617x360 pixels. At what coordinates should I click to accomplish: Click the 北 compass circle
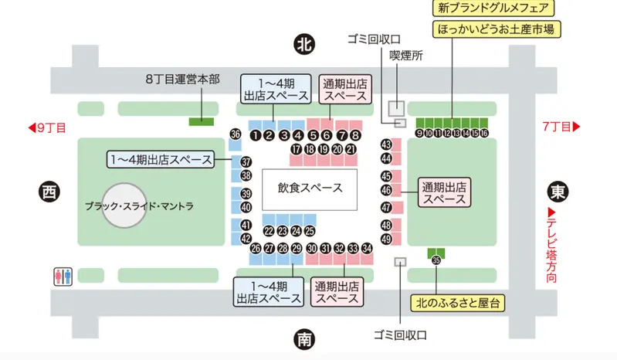click(305, 44)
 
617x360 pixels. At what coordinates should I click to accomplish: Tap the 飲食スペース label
click(310, 188)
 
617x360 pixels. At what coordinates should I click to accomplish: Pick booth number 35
click(436, 260)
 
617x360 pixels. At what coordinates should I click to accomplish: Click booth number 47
click(387, 207)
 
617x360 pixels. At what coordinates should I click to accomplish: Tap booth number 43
click(387, 144)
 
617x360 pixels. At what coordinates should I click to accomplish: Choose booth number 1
click(255, 134)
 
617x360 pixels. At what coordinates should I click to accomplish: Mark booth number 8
click(355, 134)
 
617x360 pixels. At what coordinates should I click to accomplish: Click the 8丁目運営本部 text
click(182, 80)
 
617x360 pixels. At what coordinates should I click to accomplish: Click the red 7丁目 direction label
click(561, 126)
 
